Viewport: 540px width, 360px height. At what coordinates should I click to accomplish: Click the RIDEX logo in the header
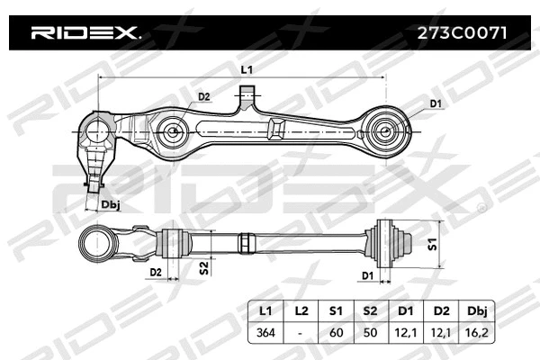coord(85,34)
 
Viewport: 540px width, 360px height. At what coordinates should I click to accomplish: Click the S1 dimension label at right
coord(432,243)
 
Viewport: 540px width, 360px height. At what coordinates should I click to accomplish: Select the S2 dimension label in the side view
coord(204,267)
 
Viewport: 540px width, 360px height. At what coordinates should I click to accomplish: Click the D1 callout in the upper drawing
coord(436,105)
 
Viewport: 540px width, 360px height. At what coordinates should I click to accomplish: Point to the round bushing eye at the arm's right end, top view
coord(383,131)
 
